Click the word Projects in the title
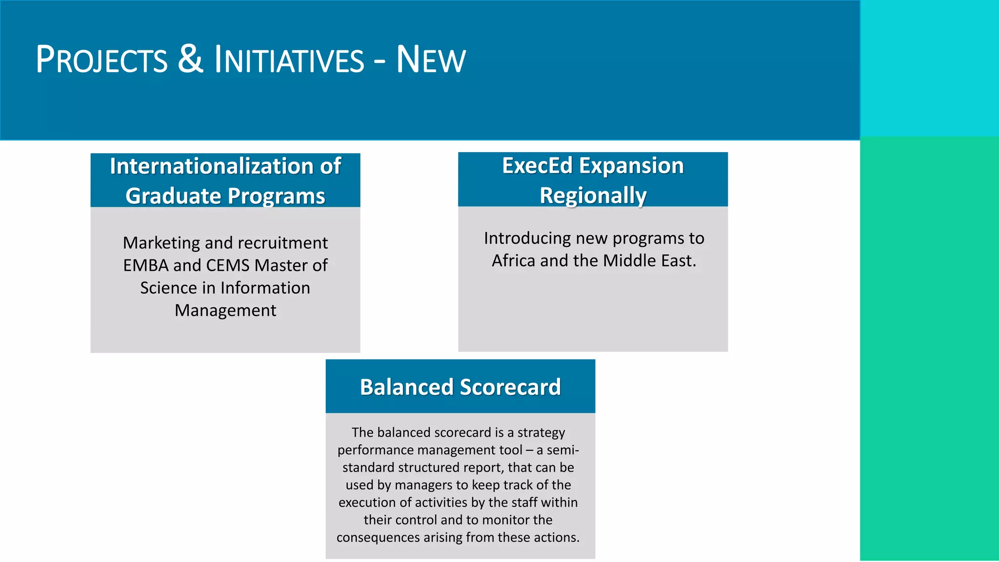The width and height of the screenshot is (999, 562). pos(101,60)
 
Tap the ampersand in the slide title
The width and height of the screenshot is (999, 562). pos(190,59)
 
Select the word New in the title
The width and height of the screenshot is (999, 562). pos(430,60)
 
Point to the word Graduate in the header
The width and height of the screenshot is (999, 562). pos(173,196)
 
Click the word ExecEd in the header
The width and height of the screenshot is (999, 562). pos(537,166)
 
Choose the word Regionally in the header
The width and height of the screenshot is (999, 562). pos(593,196)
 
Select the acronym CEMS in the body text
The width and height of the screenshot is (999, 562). pos(228,265)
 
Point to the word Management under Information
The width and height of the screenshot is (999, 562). pos(225,310)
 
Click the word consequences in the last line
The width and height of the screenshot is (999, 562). pos(378,538)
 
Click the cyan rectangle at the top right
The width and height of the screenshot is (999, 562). pos(929,68)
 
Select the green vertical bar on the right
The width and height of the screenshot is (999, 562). pos(929,349)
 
